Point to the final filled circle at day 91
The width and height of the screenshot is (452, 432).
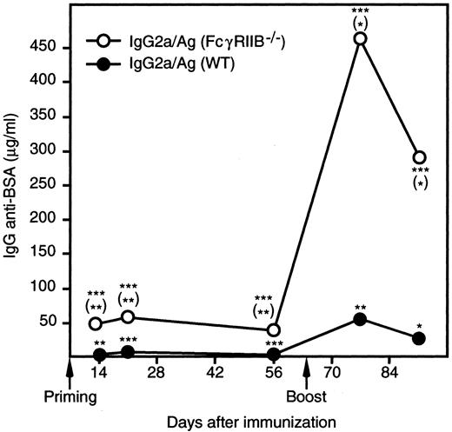click(419, 338)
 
